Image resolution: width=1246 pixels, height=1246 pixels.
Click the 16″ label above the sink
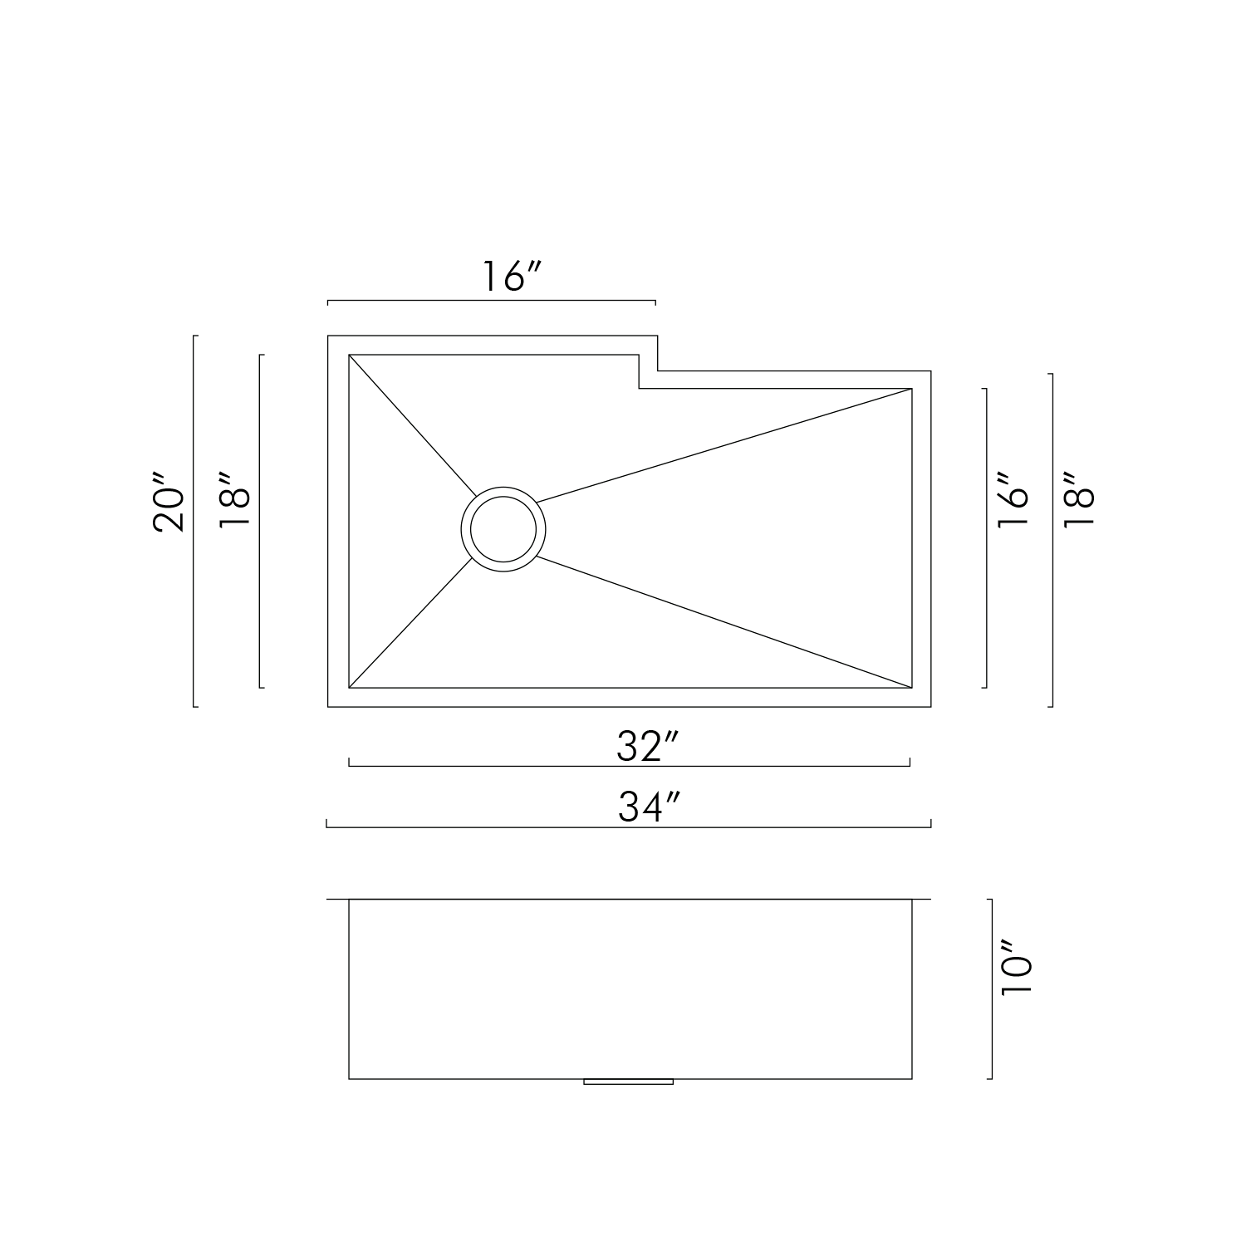tap(512, 277)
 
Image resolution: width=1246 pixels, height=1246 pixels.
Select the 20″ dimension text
tap(169, 503)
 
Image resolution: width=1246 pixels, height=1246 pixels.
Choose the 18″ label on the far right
tap(1079, 501)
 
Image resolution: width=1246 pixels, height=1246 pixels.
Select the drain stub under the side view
tap(629, 1082)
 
